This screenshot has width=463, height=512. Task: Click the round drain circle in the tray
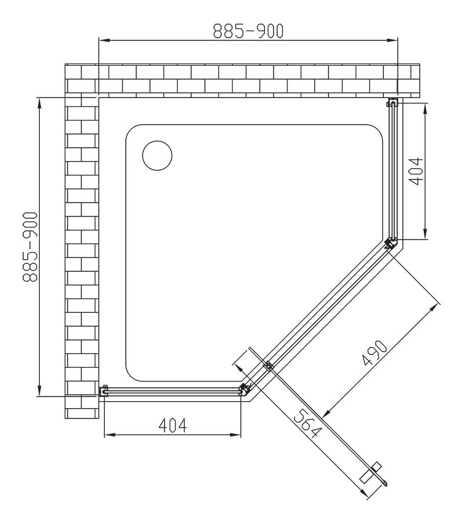click(157, 155)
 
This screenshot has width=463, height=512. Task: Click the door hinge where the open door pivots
click(268, 366)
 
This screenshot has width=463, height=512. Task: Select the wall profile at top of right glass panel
click(392, 103)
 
